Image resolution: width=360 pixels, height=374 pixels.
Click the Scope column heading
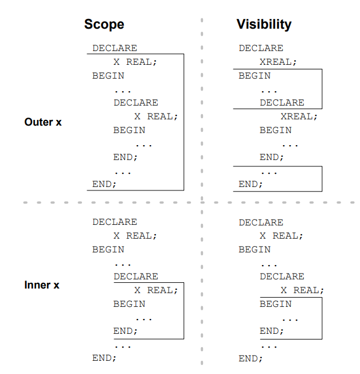click(104, 25)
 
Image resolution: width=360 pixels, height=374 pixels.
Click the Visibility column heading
click(264, 25)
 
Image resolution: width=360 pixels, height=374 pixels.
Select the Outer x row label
click(43, 122)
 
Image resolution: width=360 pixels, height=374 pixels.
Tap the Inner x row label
click(42, 285)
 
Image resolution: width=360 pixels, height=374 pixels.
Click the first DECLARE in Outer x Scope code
click(115, 48)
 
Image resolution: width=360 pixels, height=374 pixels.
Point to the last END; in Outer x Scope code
click(104, 184)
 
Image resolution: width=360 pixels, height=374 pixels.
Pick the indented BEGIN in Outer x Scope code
click(129, 130)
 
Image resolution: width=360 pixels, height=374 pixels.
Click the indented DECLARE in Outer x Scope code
click(136, 103)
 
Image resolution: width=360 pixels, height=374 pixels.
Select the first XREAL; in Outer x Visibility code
click(278, 62)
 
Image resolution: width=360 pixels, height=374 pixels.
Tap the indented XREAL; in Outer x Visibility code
click(299, 116)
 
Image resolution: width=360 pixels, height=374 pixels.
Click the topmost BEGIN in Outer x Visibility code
click(255, 76)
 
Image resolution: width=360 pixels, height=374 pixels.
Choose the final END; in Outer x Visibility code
click(251, 184)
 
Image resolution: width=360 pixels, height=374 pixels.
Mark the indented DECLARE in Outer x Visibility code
click(282, 103)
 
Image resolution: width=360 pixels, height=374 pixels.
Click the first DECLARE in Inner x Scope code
click(115, 222)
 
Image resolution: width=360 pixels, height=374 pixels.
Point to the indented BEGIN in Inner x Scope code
click(129, 304)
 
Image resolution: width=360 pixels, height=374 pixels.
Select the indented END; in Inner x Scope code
click(126, 331)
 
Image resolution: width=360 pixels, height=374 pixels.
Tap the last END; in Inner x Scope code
click(104, 358)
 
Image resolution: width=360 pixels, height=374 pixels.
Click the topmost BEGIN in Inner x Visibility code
click(255, 250)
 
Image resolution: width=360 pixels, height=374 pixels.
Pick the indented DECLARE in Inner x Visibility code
click(282, 276)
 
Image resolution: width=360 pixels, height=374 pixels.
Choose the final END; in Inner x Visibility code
click(251, 359)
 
